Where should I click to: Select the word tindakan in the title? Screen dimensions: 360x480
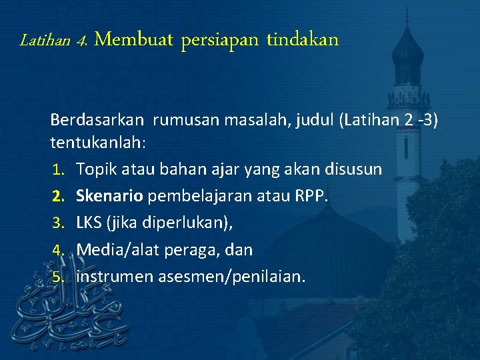pos(303,40)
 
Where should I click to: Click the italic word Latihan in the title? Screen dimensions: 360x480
pos(45,41)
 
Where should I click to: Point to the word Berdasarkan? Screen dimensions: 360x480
pos(97,121)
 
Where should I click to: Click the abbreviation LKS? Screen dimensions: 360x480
pos(89,223)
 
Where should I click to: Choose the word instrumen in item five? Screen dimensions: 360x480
pos(115,277)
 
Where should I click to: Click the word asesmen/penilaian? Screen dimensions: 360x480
pos(232,277)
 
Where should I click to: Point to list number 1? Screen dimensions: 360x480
pos(59,170)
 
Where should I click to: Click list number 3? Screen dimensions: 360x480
pos(59,223)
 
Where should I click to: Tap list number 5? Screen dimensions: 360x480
pos(59,277)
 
